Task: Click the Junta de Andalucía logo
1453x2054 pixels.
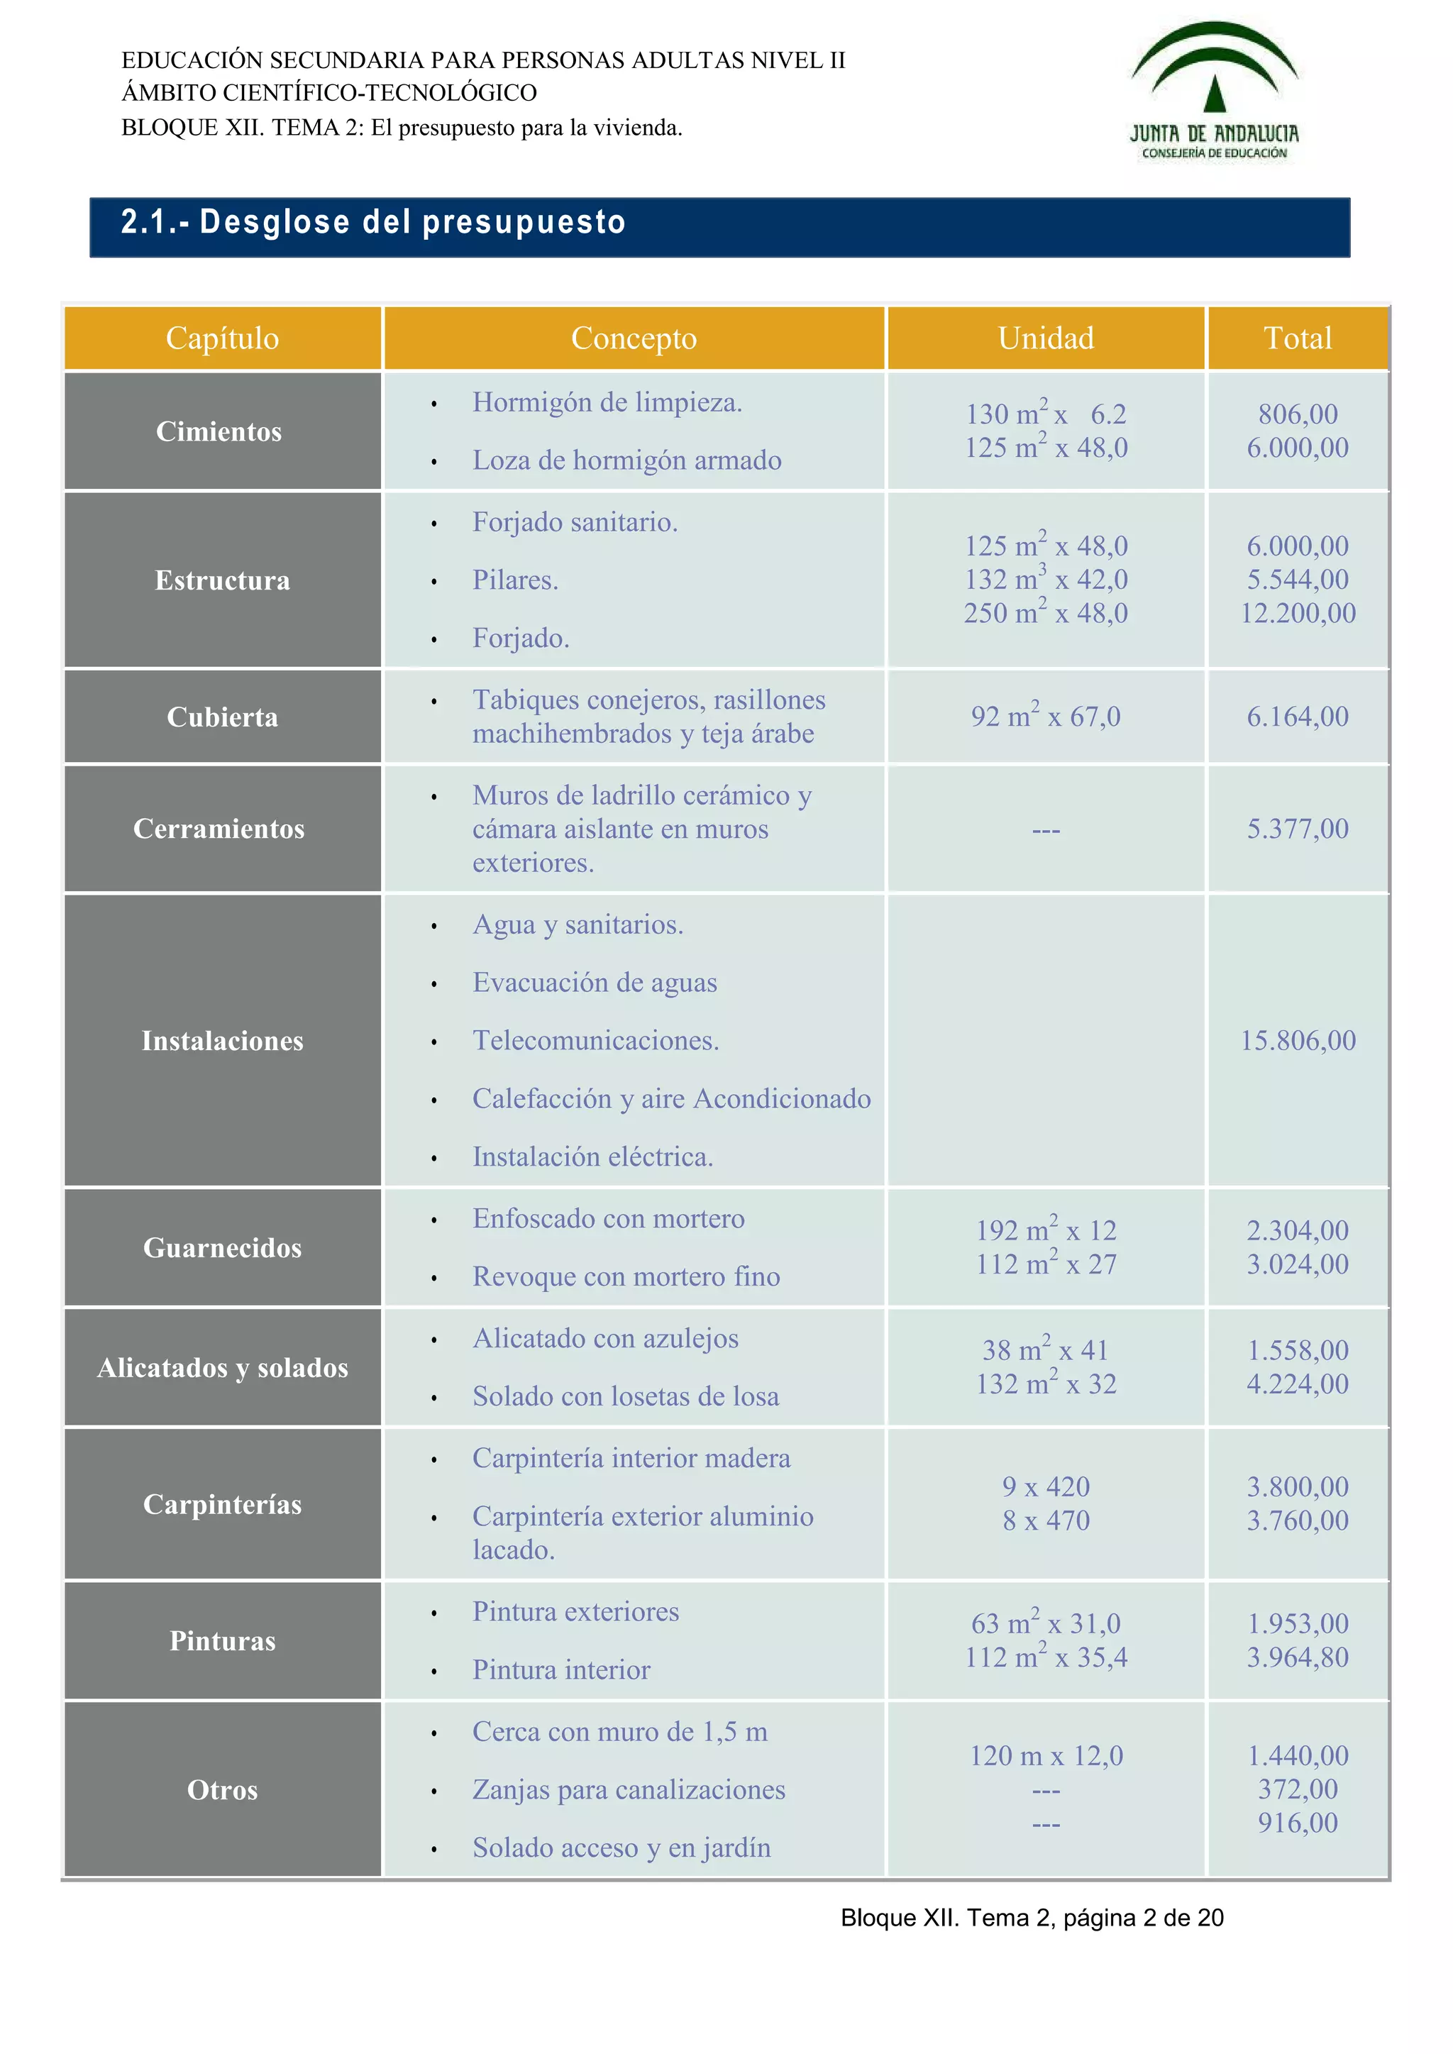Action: pos(1214,92)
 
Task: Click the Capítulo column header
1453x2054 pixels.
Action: pos(222,338)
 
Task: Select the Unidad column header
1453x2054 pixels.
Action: pos(1045,338)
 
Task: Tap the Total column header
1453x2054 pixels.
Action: pos(1298,338)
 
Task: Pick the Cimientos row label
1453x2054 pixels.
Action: pos(219,431)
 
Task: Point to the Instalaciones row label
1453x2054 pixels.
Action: pos(222,1040)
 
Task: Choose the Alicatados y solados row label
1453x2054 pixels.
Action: pos(222,1368)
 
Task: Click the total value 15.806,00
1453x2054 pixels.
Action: pos(1298,1040)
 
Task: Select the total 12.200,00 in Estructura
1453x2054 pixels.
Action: pos(1298,614)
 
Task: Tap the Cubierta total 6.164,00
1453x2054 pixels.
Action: pos(1298,717)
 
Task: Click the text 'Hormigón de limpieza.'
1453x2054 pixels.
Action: pos(607,402)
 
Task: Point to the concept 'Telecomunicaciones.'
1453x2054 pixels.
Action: pos(596,1040)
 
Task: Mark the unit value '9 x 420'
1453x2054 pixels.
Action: pos(1045,1487)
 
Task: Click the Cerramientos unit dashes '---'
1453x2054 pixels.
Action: pos(1045,830)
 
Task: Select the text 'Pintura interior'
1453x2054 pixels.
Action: pos(561,1670)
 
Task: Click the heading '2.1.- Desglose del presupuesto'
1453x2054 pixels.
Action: pos(373,222)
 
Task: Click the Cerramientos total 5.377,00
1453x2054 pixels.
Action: pos(1298,829)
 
